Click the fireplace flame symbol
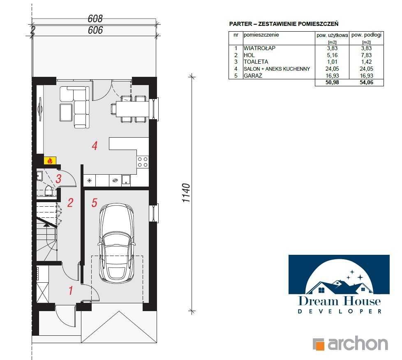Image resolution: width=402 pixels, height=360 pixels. click(50, 161)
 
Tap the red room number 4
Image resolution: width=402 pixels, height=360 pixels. click(95, 146)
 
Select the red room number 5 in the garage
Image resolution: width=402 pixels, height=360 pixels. click(95, 203)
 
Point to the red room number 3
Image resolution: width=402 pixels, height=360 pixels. click(58, 179)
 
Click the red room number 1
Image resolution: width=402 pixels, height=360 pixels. click(71, 291)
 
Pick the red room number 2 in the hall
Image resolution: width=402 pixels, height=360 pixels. click(70, 203)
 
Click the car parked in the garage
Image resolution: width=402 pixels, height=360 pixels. click(117, 243)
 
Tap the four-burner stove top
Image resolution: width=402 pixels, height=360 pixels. click(143, 162)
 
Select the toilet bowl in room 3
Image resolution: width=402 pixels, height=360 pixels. click(49, 191)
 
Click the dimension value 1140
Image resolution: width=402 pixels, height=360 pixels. click(186, 193)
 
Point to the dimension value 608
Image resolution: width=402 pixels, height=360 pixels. click(95, 19)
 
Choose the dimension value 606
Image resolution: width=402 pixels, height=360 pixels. click(95, 30)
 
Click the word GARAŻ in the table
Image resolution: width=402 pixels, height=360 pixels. click(253, 76)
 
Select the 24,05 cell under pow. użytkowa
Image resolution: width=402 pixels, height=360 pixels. click(332, 69)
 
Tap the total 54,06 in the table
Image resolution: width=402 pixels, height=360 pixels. click(366, 82)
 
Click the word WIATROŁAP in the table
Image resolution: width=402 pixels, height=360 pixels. click(259, 48)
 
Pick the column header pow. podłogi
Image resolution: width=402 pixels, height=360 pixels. click(366, 35)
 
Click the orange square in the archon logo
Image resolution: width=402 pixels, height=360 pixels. click(319, 344)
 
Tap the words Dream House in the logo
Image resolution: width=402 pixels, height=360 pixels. click(340, 301)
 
